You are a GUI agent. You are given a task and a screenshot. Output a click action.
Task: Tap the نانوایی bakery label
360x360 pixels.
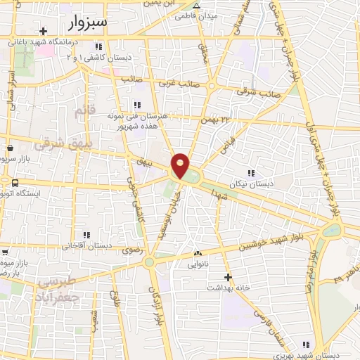click(x=197, y=264)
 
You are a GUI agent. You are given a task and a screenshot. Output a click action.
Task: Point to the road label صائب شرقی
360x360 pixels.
click(x=259, y=92)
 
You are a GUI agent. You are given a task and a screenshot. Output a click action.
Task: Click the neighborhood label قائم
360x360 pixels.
click(x=84, y=111)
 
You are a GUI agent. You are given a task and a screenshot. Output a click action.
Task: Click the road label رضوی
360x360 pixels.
click(x=131, y=250)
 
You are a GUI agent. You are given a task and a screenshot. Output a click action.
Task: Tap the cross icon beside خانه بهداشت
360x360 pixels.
click(x=227, y=277)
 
